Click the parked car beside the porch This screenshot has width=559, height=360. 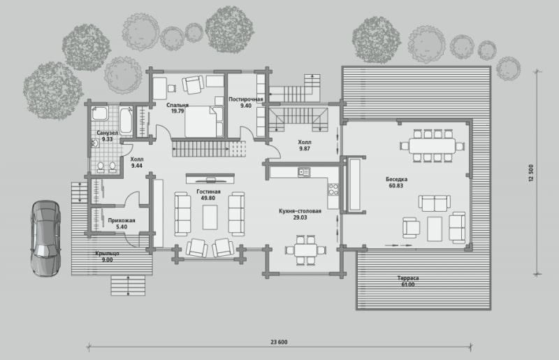click(45, 238)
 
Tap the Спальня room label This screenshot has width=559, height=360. click(177, 105)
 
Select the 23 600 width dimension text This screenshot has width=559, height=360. click(279, 342)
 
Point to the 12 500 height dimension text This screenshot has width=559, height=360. click(531, 173)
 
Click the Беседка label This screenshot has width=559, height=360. click(396, 179)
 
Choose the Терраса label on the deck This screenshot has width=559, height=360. click(408, 278)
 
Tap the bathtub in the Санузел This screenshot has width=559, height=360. click(126, 120)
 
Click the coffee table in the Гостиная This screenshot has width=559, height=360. click(210, 217)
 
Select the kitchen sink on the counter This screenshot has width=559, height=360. click(304, 173)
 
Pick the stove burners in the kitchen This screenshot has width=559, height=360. click(333, 190)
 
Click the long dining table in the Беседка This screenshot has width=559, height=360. click(432, 146)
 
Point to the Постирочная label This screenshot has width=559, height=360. click(246, 99)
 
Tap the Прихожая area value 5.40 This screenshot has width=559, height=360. click(122, 226)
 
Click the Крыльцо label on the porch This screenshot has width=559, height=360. click(108, 253)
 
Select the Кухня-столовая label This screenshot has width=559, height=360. click(300, 211)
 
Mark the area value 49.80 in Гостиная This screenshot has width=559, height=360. click(208, 198)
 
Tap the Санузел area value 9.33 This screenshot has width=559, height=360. click(108, 139)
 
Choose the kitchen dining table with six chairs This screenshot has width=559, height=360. click(305, 250)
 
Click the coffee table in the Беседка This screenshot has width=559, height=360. click(435, 229)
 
